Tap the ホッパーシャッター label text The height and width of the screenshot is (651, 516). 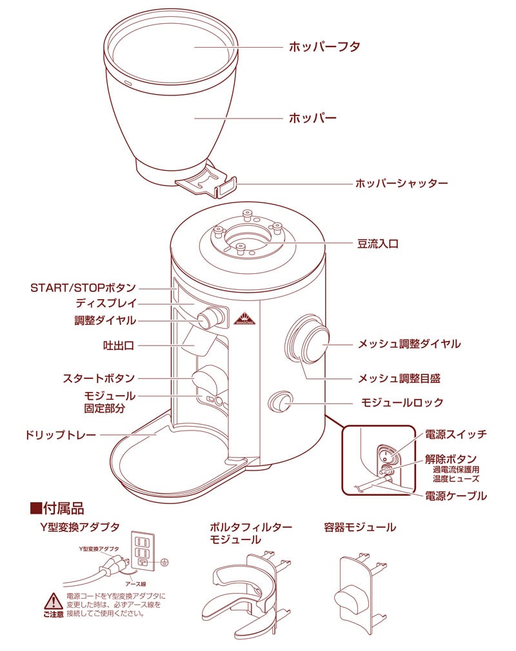401,184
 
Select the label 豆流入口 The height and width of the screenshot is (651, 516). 378,244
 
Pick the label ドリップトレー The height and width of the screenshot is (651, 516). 61,435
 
